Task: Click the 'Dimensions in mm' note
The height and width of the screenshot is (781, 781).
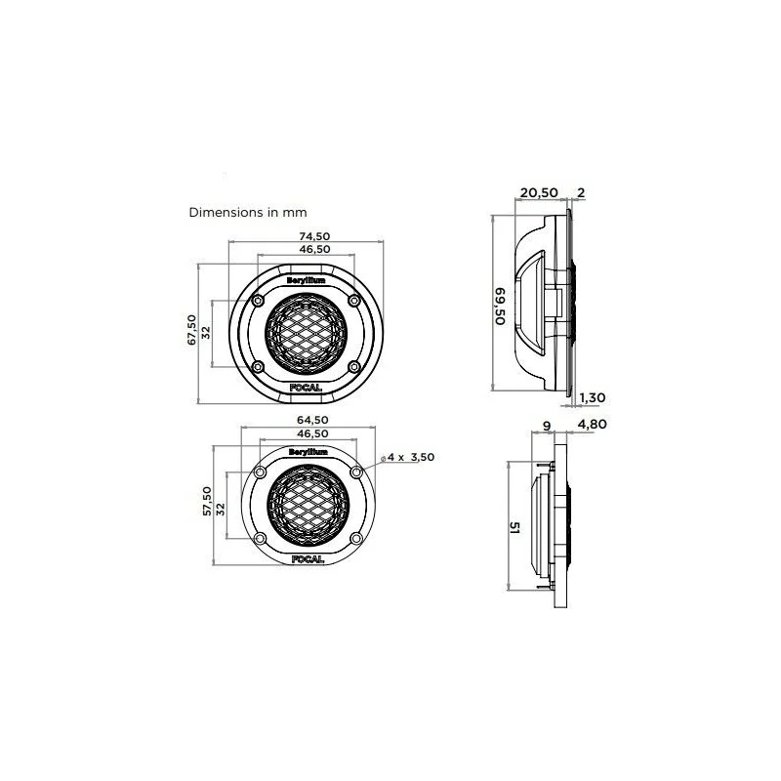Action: coord(248,213)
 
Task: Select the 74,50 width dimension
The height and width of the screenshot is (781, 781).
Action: coord(314,236)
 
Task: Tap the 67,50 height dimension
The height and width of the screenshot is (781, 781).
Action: coord(191,330)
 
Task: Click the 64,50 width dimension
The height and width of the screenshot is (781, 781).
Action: coord(312,421)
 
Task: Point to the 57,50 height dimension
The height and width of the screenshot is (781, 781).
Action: coord(207,501)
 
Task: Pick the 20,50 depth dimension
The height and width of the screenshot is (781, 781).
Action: coord(539,192)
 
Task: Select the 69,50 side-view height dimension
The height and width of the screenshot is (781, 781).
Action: coord(500,307)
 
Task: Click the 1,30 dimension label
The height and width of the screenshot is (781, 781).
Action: coord(593,398)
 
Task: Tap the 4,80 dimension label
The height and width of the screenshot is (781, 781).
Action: coord(592,425)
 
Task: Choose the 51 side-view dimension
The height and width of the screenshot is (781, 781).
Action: coord(514,528)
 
